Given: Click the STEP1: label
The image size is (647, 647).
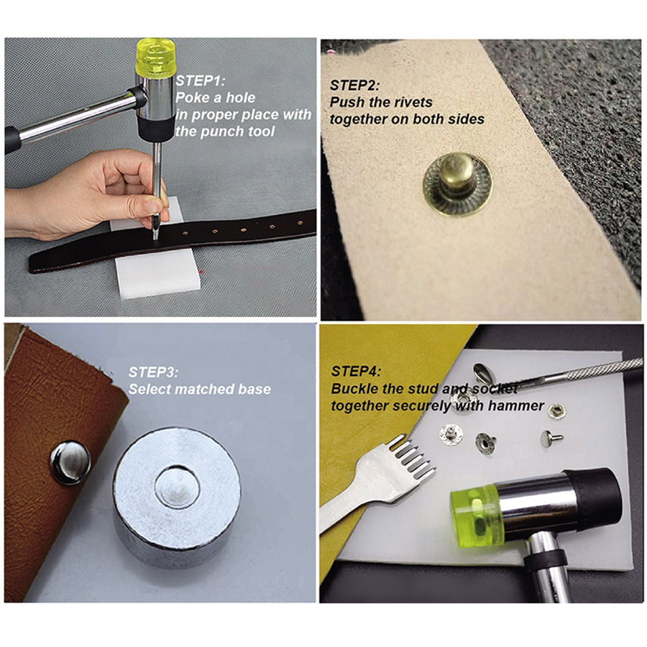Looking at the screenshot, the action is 201,81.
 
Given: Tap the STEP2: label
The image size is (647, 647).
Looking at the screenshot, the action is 355,86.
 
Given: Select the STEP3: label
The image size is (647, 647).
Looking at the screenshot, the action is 154,372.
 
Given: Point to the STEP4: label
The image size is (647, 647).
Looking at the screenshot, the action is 356,372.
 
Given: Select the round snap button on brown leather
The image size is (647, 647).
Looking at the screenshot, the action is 70,462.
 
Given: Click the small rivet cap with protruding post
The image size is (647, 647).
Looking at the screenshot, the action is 551,437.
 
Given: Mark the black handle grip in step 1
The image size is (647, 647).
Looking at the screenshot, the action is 12,141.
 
